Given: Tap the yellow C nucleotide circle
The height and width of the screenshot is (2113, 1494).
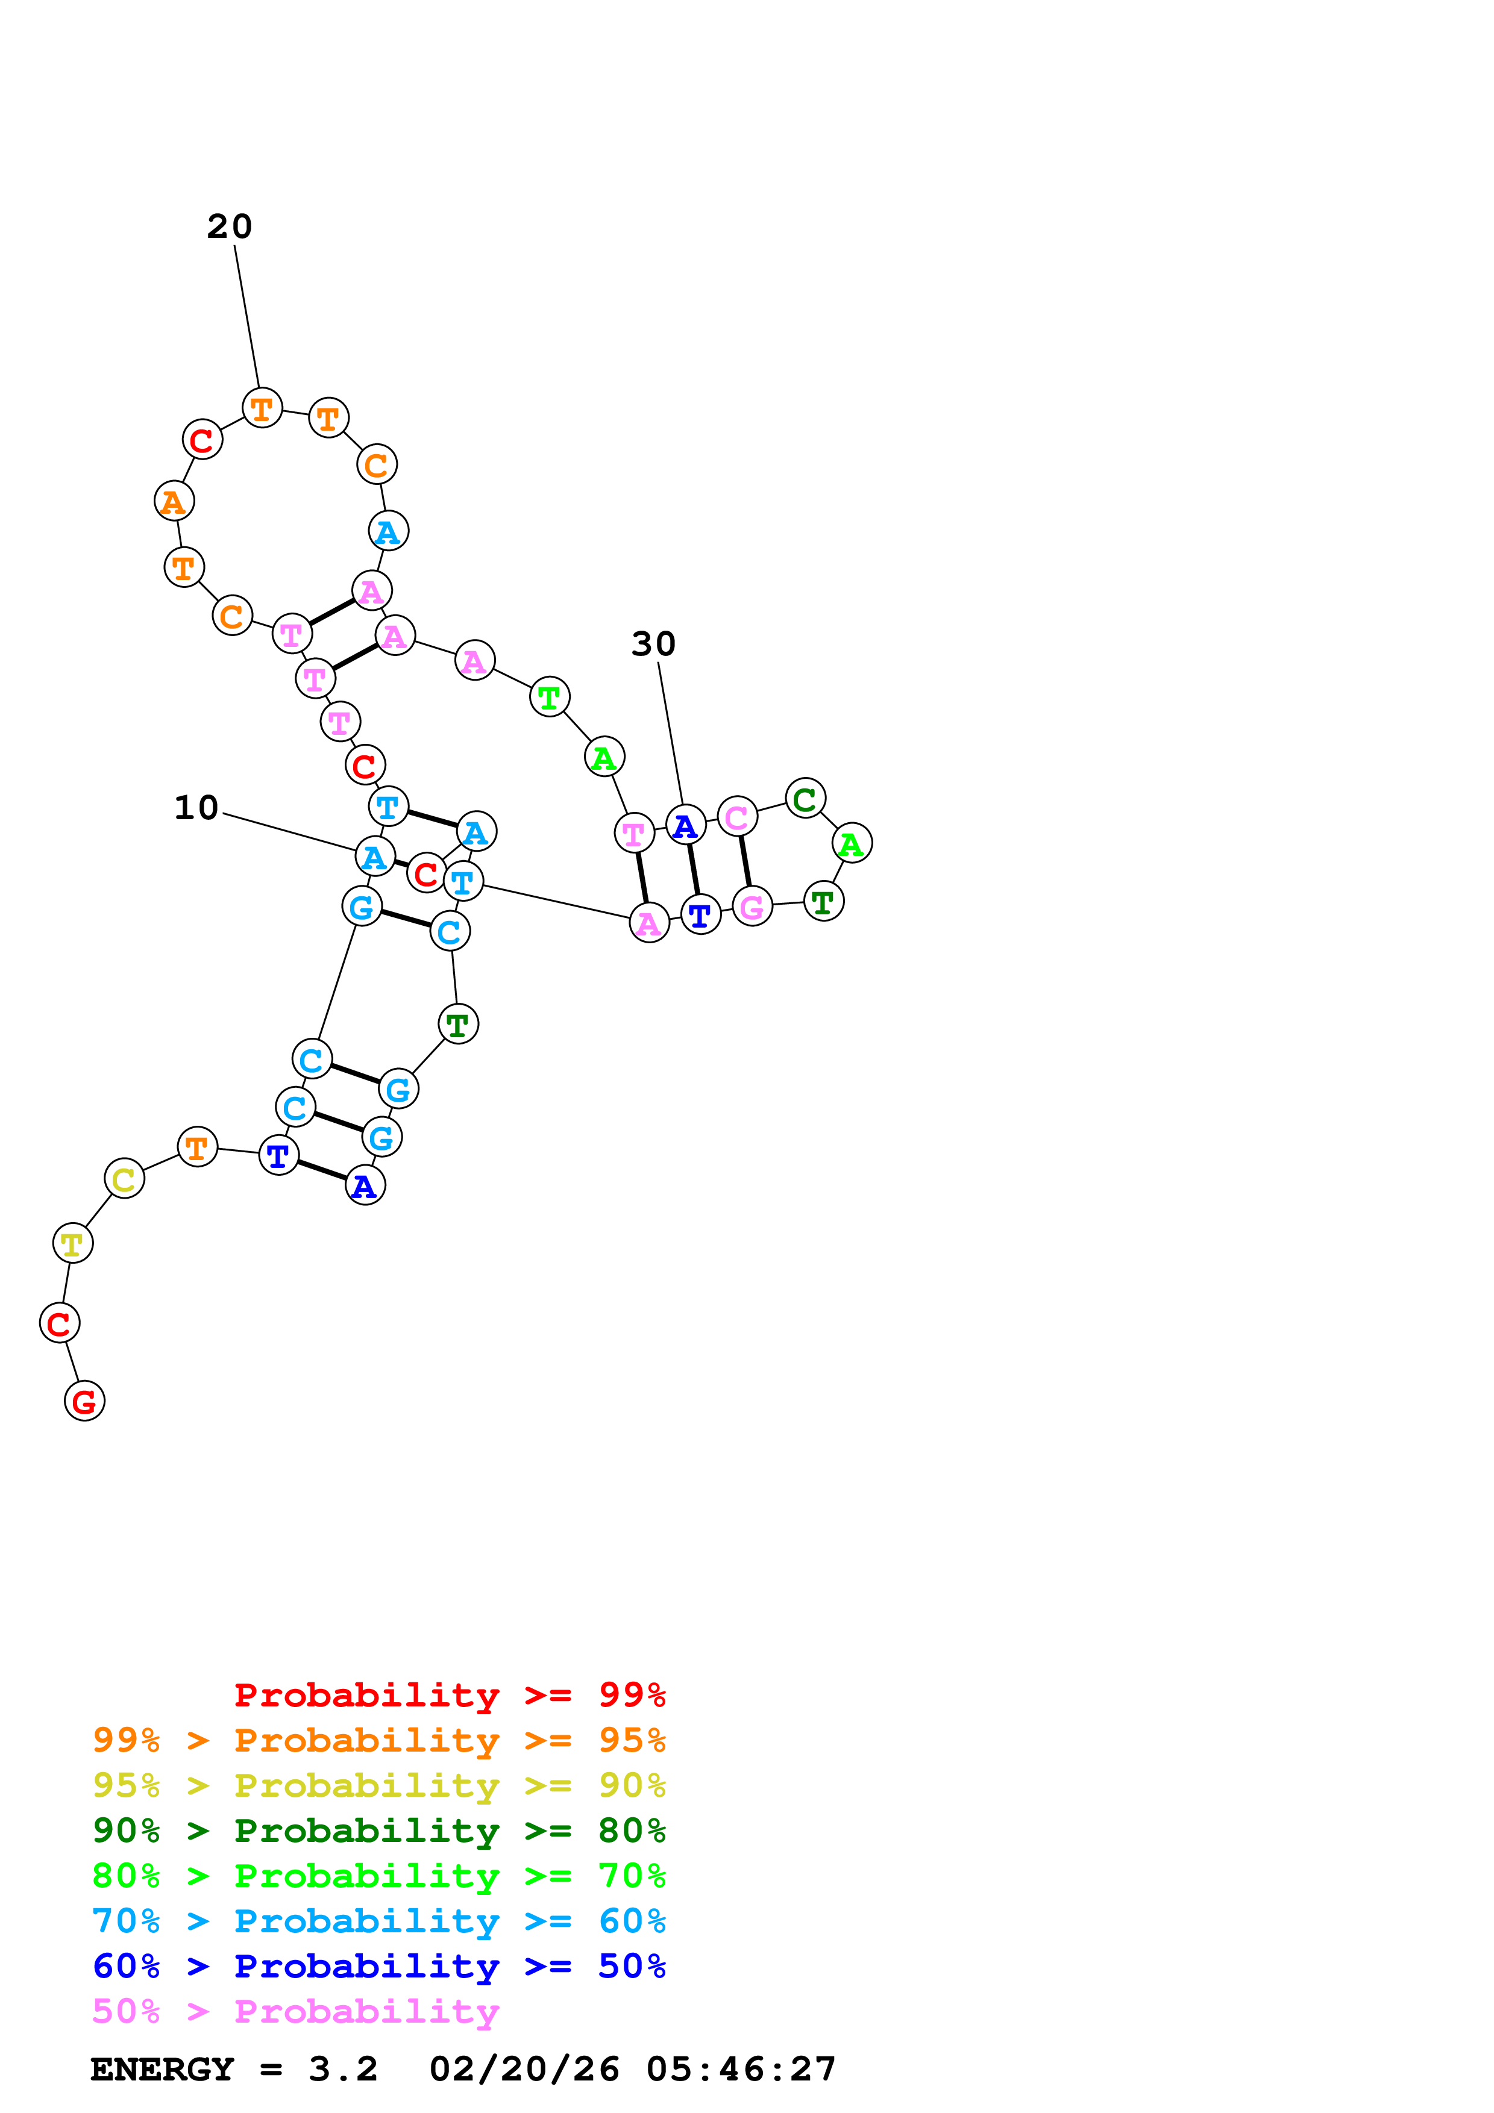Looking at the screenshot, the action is (124, 1178).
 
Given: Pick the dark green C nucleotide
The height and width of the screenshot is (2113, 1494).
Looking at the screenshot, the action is (805, 798).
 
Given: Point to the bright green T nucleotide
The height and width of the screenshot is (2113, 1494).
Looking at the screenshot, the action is (550, 697).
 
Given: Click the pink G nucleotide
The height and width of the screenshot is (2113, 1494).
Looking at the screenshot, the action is (752, 907).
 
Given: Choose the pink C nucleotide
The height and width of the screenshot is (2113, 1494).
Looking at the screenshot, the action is (736, 816).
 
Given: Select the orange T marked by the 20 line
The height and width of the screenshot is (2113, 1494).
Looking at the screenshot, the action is (262, 408).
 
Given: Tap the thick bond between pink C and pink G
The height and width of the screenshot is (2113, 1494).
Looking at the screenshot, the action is (745, 861).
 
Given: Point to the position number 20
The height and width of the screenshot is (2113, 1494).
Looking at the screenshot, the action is (229, 226).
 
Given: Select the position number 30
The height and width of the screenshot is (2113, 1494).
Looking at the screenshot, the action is (653, 645).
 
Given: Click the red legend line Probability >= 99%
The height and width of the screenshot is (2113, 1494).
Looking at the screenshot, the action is (449, 1695).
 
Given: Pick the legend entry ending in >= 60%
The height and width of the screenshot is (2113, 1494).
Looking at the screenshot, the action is (378, 1921).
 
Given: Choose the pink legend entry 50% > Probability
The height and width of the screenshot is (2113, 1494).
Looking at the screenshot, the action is (295, 2012).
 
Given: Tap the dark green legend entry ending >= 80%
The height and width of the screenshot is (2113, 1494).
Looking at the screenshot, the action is (378, 1831).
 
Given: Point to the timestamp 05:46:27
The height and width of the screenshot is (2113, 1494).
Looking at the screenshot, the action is (741, 2070).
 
